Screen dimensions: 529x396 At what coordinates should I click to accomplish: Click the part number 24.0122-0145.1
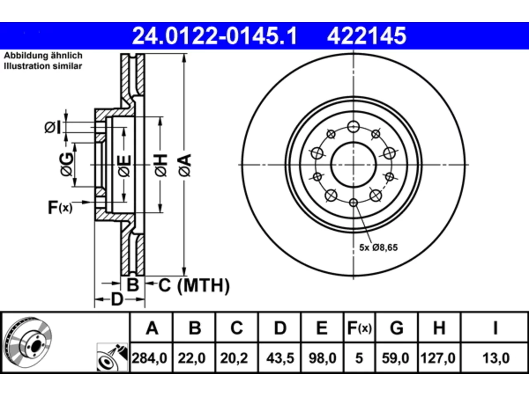coord(214,36)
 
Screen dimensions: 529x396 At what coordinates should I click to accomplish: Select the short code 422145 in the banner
coord(367,36)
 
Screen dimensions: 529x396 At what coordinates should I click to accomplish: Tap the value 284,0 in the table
coord(150,358)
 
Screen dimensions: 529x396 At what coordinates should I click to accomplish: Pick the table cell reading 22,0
coord(192,358)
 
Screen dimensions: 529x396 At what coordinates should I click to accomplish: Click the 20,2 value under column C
coord(234,358)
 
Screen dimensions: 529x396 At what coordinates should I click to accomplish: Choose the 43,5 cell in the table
coord(280,358)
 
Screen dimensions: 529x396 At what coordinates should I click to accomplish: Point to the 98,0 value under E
coord(322,358)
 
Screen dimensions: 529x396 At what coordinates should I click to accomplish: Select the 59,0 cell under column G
coord(396,358)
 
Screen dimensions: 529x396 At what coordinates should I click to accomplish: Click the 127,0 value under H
coord(438,358)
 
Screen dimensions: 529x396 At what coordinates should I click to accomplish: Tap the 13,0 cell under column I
coord(496,358)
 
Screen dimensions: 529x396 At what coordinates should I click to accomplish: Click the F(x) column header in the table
coord(359,328)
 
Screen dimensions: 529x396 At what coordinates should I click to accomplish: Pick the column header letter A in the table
coord(152,328)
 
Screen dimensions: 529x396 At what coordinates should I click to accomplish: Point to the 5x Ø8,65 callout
coord(379,247)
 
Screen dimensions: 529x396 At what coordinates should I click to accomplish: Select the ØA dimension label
coord(185,166)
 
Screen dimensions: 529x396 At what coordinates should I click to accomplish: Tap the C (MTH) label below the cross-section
coord(194,285)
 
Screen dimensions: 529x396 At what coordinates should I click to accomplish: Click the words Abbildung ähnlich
coord(43,56)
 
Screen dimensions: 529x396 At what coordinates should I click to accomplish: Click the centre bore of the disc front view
coord(353,165)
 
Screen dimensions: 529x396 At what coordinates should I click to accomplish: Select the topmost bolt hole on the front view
coord(353,127)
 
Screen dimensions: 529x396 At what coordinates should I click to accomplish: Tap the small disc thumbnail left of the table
coord(28,342)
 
